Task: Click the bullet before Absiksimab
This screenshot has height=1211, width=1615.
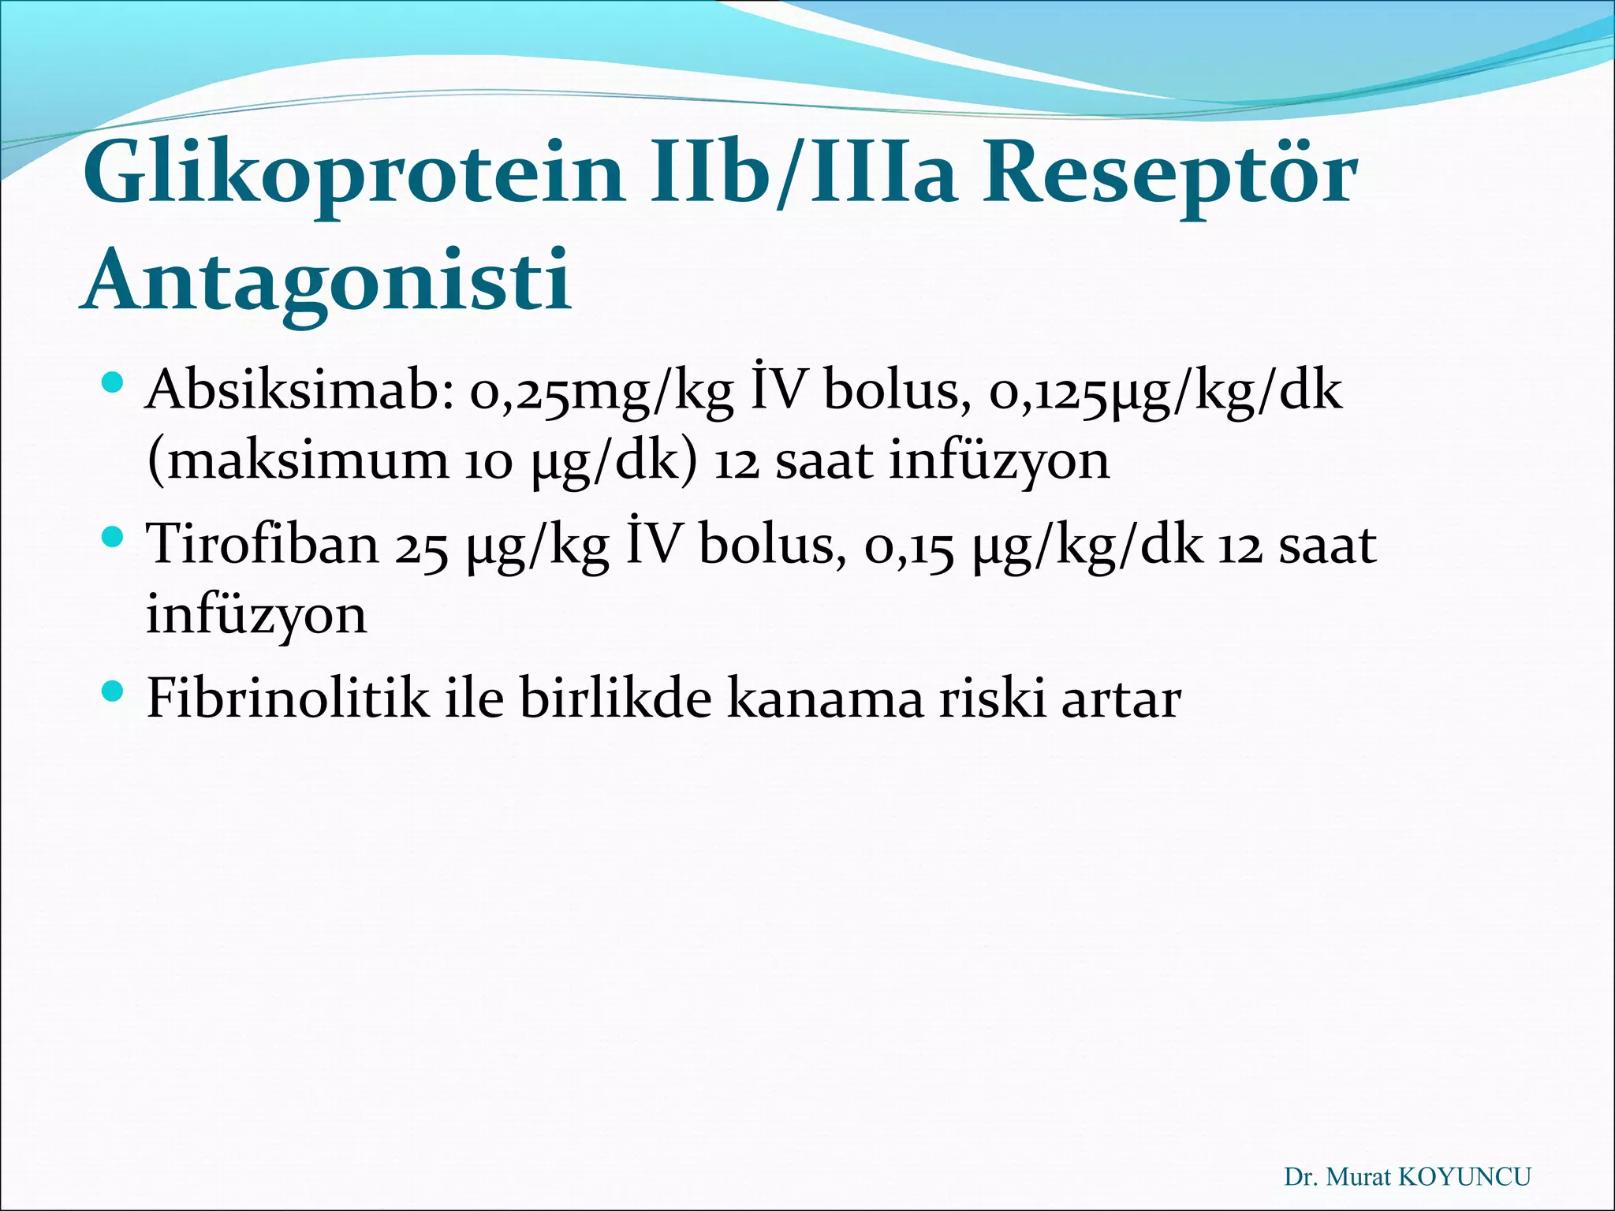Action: (x=114, y=385)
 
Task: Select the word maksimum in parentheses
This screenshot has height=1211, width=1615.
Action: (x=308, y=460)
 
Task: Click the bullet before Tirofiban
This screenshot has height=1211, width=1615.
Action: (x=114, y=538)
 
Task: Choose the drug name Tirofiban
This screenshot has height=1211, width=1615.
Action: (x=264, y=545)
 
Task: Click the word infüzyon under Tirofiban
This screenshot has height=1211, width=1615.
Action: (x=256, y=614)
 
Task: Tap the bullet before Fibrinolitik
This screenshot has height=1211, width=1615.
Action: (x=114, y=692)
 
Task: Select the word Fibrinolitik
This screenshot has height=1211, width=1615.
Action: (x=288, y=698)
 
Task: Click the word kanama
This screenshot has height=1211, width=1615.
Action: (x=825, y=699)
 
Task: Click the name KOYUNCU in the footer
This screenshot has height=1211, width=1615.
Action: (x=1464, y=1177)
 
